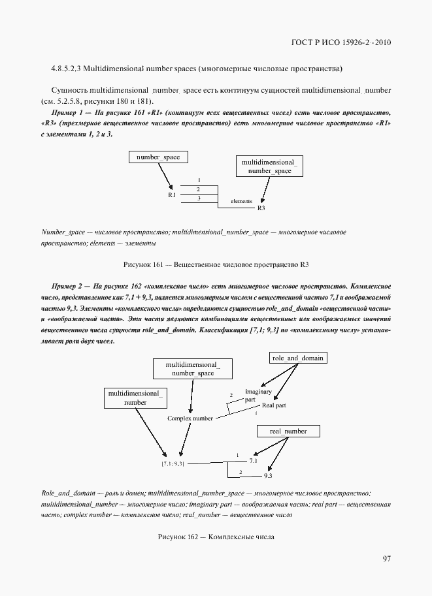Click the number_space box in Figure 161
[158, 157]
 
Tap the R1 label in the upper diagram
[171, 195]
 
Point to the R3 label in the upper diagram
[261, 208]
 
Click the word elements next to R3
[241, 201]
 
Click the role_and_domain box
[297, 358]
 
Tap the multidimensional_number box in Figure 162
[136, 398]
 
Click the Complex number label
[190, 418]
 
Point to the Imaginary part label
[254, 396]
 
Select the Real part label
[274, 405]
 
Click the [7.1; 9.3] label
[173, 463]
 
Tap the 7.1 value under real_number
[254, 460]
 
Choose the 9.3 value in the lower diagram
[267, 476]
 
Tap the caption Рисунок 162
[176, 537]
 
